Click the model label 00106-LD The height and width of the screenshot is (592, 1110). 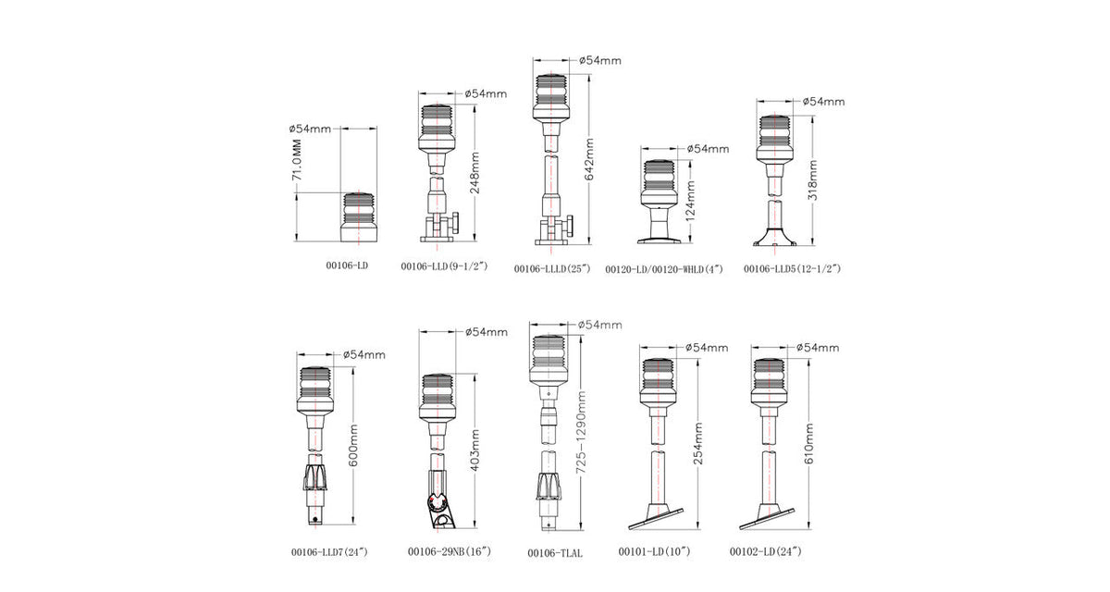347,265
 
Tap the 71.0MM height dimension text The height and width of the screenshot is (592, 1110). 296,159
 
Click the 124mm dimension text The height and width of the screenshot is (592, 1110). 691,200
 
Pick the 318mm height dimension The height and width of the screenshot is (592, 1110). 813,180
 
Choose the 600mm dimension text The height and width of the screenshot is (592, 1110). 352,445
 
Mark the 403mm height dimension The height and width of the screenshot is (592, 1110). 475,450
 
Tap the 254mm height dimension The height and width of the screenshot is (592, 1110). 697,443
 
